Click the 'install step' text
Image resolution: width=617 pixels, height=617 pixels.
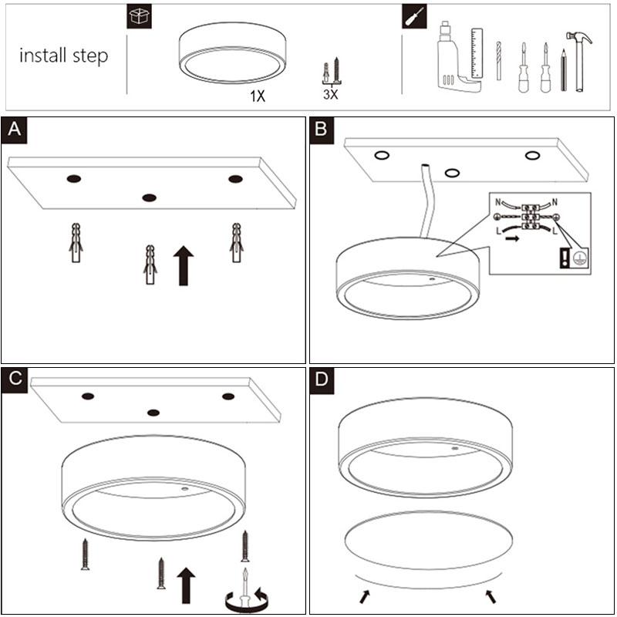(x=63, y=56)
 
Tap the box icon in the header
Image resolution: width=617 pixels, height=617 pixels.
(x=139, y=17)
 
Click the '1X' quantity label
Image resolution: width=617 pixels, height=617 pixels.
(x=258, y=97)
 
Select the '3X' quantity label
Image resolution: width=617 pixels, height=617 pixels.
(x=331, y=94)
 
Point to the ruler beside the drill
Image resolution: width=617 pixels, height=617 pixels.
(x=477, y=52)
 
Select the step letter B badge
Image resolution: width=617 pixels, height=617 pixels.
(x=323, y=130)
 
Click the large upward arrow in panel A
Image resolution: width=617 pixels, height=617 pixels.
(x=183, y=265)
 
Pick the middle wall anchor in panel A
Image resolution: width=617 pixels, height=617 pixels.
(x=150, y=265)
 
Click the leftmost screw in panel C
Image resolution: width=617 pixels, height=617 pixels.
(x=85, y=555)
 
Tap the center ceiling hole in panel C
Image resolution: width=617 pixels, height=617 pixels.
(x=154, y=413)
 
